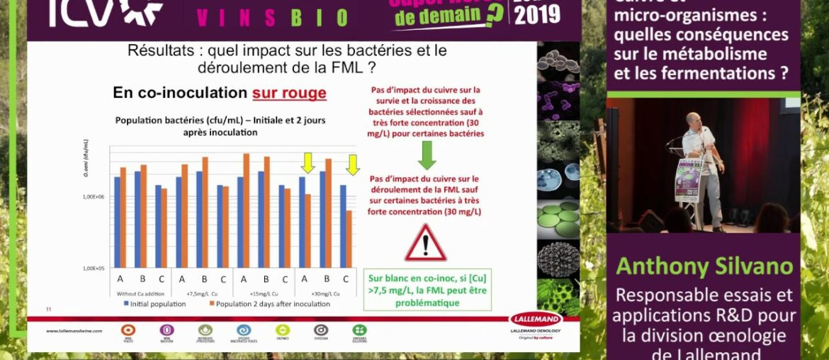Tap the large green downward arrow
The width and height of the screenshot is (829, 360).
427,154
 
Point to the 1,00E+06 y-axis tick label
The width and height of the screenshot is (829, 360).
94,196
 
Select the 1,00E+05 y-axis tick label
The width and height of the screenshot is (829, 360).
94,269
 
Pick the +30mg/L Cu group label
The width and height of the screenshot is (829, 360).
327,293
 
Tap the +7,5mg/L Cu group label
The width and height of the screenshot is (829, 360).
203,293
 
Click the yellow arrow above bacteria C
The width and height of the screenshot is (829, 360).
352,164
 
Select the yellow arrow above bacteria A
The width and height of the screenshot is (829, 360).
308,163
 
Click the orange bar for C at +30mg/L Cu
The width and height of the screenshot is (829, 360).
349,239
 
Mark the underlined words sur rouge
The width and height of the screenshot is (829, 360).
289,93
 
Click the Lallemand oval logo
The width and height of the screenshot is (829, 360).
536,320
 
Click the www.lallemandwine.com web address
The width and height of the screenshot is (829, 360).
74,331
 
